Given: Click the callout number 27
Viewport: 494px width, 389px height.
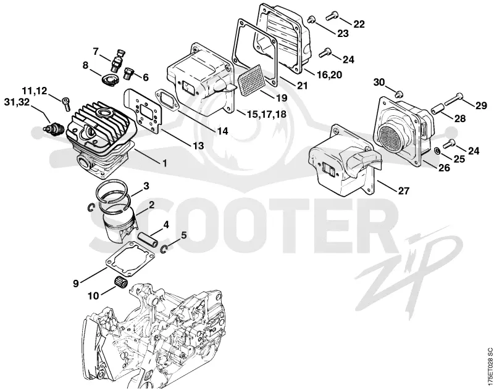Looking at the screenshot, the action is pyautogui.click(x=404, y=190).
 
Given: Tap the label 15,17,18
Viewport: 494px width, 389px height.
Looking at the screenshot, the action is pyautogui.click(x=267, y=114).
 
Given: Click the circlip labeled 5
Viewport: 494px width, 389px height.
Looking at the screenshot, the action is pyautogui.click(x=164, y=249).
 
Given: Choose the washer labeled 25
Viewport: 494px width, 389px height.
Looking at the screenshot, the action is pyautogui.click(x=437, y=150).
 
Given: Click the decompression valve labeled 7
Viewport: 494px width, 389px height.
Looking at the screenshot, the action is pyautogui.click(x=117, y=60).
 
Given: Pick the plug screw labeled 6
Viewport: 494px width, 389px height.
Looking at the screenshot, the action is pyautogui.click(x=130, y=74).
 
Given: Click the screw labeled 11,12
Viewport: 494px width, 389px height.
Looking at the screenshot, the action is pyautogui.click(x=67, y=104).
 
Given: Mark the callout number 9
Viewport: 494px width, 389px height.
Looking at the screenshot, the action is pyautogui.click(x=75, y=283).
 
